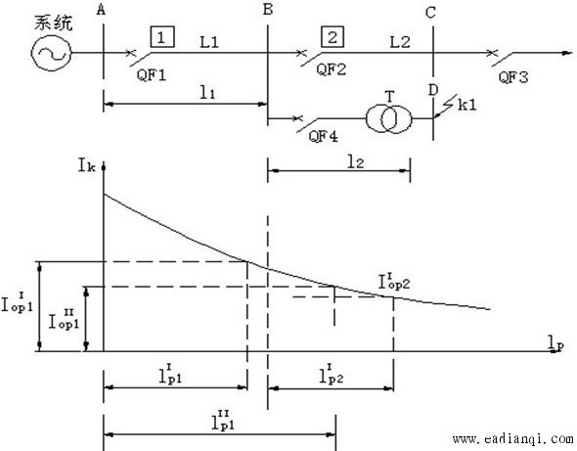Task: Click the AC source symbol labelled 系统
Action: pos(51,54)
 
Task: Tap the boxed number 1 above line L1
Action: pos(162,36)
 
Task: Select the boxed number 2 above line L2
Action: pos(333,36)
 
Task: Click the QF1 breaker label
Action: pos(152,75)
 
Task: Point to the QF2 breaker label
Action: pos(332,69)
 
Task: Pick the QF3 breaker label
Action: pos(513,77)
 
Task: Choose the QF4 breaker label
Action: pos(323,137)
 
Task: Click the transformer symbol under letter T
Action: pos(389,119)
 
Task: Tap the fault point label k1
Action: pos(466,105)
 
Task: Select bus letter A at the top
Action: pos(101,11)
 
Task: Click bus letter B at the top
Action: pos(268,9)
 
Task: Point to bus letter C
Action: pos(430,13)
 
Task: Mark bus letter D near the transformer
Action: pos(433,90)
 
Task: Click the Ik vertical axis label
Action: pos(87,165)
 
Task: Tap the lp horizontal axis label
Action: pos(555,343)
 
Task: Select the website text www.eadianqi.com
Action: pos(513,439)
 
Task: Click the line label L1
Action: pos(209,42)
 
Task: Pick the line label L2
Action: pos(400,42)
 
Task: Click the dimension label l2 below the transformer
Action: pos(356,162)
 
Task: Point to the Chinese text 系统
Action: pos(54,23)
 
